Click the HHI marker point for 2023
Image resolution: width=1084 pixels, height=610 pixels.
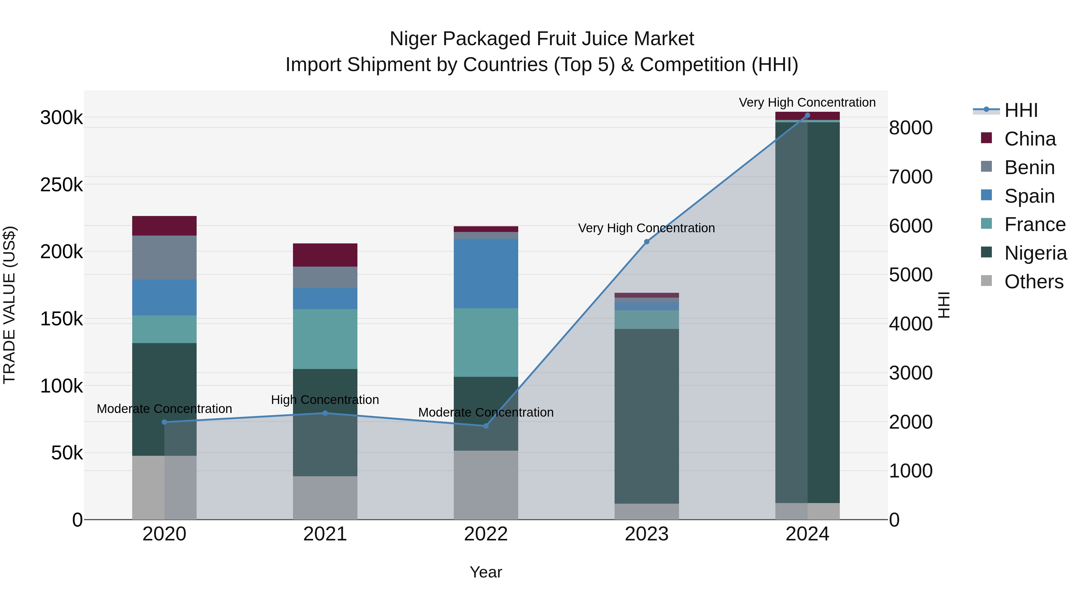(647, 242)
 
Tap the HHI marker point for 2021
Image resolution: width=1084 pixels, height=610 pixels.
(325, 413)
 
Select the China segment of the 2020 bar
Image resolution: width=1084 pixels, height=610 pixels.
(164, 226)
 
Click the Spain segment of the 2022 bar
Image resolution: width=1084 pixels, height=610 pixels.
(486, 273)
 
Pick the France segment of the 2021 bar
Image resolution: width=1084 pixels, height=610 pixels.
(325, 339)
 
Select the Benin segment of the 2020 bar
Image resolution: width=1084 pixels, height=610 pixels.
(164, 257)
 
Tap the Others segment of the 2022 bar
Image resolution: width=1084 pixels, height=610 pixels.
(486, 485)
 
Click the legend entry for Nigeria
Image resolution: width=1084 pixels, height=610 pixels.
(1035, 253)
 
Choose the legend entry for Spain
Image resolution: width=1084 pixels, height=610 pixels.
(1029, 196)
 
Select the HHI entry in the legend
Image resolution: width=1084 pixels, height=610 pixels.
(1021, 110)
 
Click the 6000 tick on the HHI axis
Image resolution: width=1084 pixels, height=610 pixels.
(911, 226)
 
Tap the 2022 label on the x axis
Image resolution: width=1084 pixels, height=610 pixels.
(486, 534)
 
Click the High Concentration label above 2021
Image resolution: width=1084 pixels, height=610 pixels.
(325, 399)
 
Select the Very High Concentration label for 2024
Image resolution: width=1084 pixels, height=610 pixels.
(807, 102)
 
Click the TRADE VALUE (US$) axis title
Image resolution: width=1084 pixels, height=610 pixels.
(9, 305)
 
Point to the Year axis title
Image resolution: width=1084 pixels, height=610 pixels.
(486, 572)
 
